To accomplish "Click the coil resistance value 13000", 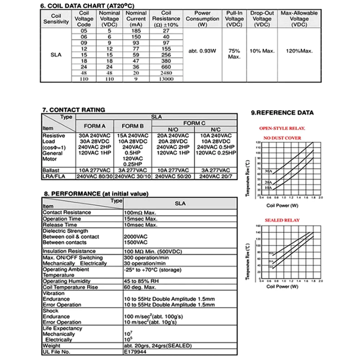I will (166, 80).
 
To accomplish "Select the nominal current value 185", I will (136, 31).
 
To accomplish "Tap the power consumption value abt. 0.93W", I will (202, 51).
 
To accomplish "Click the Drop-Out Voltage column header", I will (262, 19).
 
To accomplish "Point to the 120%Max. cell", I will (299, 51).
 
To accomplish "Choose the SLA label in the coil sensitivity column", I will (56, 55).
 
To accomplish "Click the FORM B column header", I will (133, 126).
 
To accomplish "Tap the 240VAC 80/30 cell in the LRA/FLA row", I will (94, 176).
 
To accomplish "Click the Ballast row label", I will (50, 170).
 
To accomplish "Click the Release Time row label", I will (60, 225).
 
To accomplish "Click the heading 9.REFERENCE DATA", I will (282, 113).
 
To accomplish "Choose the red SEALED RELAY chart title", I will (282, 220).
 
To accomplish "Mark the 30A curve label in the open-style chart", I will (267, 171).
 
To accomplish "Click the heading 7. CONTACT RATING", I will (74, 110).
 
